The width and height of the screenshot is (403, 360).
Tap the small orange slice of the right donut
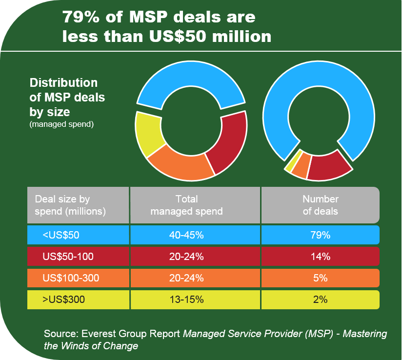click(x=301, y=166)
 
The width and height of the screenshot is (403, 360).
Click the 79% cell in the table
click(x=320, y=235)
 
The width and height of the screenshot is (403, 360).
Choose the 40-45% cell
click(x=186, y=235)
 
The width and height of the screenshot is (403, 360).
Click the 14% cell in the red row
click(x=320, y=256)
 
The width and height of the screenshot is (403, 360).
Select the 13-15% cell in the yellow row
click(x=186, y=300)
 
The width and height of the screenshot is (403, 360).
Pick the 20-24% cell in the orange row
click(x=186, y=278)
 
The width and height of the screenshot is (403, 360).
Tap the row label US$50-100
click(x=68, y=256)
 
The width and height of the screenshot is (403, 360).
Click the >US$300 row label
click(x=63, y=300)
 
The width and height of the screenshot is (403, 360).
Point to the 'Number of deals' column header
click(x=320, y=205)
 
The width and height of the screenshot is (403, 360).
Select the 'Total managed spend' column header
click(x=186, y=205)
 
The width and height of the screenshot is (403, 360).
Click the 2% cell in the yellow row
click(x=320, y=300)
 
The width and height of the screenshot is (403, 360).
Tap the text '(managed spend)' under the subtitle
click(x=61, y=124)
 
